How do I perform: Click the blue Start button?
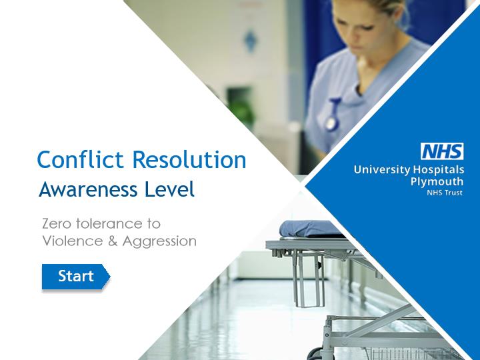pos(75,277)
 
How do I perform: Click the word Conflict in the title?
pos(80,160)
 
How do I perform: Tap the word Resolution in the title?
pos(189,160)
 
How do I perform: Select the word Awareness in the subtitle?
pos(88,189)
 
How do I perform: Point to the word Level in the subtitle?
pos(169,189)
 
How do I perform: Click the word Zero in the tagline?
pos(57,224)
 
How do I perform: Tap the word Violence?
pos(73,241)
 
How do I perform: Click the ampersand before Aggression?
pos(113,241)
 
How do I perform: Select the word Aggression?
pos(159,242)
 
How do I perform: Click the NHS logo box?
pos(442,151)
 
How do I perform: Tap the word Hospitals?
pos(439,169)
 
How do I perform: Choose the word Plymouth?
pos(437,181)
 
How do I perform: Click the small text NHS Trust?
pos(445,193)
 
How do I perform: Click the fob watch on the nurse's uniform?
pos(332,115)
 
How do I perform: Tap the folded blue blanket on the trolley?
pos(309,229)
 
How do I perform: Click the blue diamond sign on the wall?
pos(251,40)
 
